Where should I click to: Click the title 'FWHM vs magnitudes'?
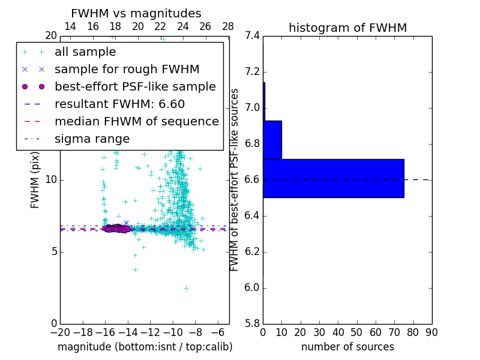coord(136,13)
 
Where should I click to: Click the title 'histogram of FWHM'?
coord(347,28)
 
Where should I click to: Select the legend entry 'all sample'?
coord(85,52)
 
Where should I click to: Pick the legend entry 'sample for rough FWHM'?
coord(127,69)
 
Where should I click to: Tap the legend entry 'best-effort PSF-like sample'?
coord(135,86)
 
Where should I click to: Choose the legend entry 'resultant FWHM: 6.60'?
coord(119,104)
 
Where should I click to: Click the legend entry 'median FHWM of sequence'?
coord(136,121)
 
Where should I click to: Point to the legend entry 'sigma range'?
coord(92,139)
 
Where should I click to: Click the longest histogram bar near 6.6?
coord(334,178)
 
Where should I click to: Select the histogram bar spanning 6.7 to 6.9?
coord(272,140)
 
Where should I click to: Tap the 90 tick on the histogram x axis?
coord(431,332)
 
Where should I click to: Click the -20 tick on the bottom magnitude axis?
coord(60,332)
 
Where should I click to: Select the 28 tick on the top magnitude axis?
coord(228,26)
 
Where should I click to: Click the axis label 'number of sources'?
coord(347,347)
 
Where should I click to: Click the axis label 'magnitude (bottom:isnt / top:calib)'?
coord(145,347)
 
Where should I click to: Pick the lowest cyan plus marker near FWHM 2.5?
coord(186,288)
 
